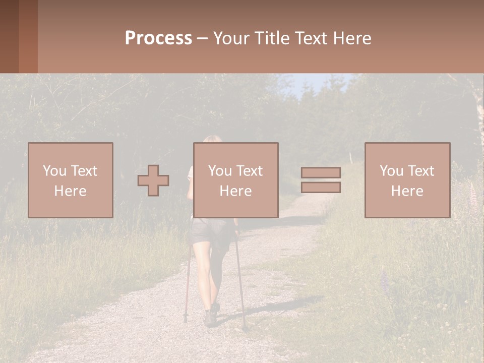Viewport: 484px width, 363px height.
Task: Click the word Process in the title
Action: pyautogui.click(x=158, y=38)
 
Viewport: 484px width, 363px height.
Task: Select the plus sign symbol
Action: pyautogui.click(x=153, y=180)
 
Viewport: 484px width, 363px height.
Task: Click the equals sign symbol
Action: pyautogui.click(x=321, y=180)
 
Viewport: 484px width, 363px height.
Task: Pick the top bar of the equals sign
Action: pyautogui.click(x=321, y=172)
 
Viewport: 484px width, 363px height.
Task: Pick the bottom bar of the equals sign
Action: pyautogui.click(x=321, y=188)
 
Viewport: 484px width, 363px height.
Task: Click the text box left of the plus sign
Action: pyautogui.click(x=70, y=180)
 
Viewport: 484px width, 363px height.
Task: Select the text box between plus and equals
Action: pyautogui.click(x=235, y=180)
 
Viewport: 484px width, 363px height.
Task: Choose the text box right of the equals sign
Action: pyautogui.click(x=407, y=180)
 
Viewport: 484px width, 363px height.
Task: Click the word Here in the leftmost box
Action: pyautogui.click(x=70, y=191)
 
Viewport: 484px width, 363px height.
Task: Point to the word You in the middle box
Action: pyautogui.click(x=219, y=171)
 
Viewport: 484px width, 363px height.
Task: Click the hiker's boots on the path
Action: pyautogui.click(x=211, y=317)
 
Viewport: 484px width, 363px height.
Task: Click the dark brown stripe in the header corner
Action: pyautogui.click(x=9, y=36)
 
